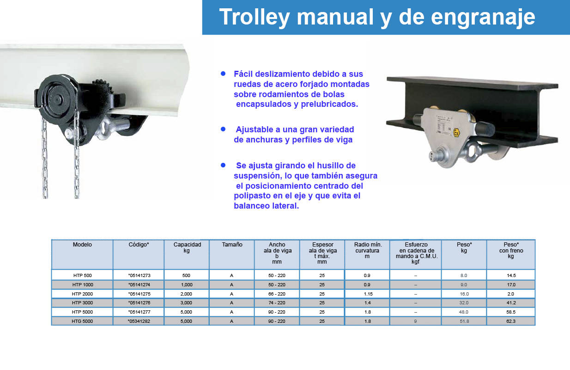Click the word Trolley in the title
coord(255,17)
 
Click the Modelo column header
coord(82,245)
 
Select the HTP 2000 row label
coord(82,294)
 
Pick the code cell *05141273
coord(139,276)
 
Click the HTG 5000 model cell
coord(82,321)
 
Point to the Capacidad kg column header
coord(187,247)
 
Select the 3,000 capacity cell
coord(186,303)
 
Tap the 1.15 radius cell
coord(368,294)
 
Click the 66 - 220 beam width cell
coord(277,294)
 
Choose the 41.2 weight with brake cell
coord(511,303)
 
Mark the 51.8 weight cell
coord(464,321)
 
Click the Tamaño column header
coord(232,245)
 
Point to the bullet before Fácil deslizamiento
coord(223,74)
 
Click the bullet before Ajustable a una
coord(223,129)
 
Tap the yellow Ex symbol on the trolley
coord(457,132)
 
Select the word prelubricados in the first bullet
coord(329,104)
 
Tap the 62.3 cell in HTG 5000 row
coord(511,321)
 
